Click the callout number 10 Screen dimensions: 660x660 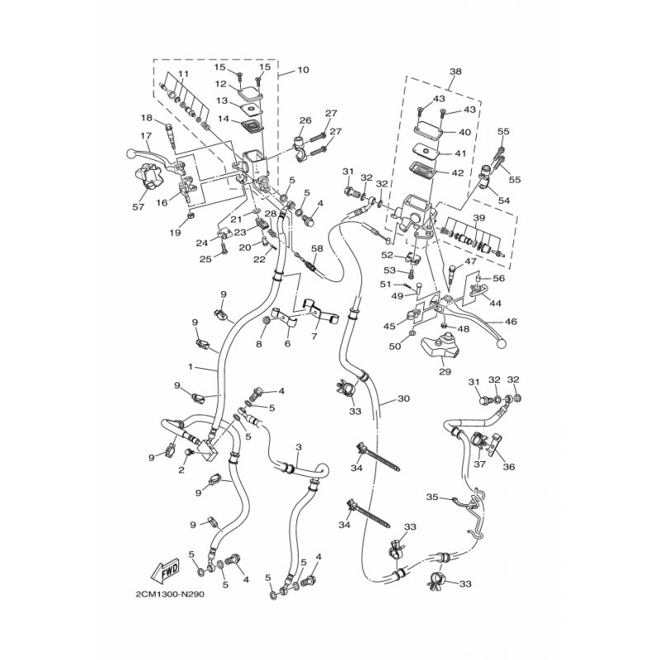(303, 71)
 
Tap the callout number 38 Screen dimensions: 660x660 (455, 72)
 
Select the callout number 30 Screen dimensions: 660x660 (403, 398)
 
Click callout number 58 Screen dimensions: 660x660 (316, 248)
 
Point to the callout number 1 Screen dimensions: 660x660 (190, 365)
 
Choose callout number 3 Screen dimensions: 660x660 (298, 447)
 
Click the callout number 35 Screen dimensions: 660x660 (431, 497)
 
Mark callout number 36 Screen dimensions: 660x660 (508, 467)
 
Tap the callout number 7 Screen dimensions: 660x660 (313, 337)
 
